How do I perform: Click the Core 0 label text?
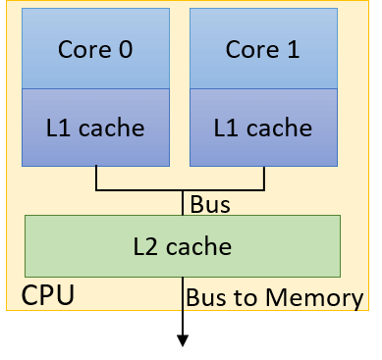(95, 49)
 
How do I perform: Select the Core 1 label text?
(263, 49)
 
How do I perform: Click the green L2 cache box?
(182, 245)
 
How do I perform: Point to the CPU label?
(47, 295)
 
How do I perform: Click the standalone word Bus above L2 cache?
(209, 205)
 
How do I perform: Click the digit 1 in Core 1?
(292, 49)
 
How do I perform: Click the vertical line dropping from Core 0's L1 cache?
(96, 177)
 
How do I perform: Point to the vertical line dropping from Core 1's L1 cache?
(264, 177)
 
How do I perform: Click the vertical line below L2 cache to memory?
(182, 294)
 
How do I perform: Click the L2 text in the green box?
(147, 245)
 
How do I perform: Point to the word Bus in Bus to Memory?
(205, 297)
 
